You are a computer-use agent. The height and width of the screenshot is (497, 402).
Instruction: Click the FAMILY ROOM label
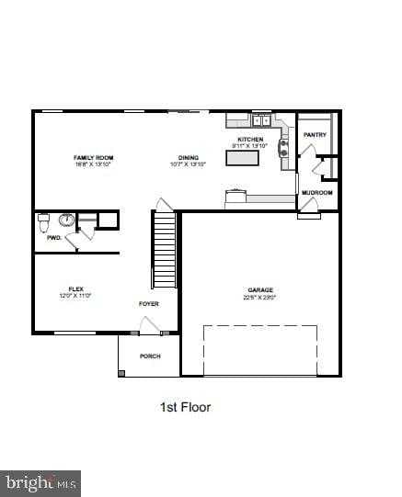pos(93,158)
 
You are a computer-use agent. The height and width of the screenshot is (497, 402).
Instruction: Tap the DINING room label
pos(189,158)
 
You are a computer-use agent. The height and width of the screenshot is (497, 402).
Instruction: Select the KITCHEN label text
pos(249,140)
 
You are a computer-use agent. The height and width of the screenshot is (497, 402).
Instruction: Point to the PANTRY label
pos(315,135)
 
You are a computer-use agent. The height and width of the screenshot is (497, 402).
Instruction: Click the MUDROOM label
pos(317,192)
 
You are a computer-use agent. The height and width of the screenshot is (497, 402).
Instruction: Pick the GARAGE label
pos(260,290)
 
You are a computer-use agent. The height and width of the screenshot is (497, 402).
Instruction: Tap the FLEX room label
pos(75,288)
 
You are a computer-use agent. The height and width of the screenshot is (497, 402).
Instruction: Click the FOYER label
pos(148,303)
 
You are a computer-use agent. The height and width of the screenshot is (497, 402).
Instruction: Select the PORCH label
pos(150,356)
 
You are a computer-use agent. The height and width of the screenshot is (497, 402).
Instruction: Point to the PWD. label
pos(53,238)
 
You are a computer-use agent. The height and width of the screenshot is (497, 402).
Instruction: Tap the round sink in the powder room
pos(66,220)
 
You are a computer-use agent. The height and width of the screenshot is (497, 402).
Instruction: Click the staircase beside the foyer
pos(165,250)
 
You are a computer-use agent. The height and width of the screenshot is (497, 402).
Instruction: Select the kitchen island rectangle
pos(242,157)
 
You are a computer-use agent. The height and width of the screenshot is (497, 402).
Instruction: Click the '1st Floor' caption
pos(186,407)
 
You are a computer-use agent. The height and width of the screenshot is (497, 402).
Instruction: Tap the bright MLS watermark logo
pos(40,482)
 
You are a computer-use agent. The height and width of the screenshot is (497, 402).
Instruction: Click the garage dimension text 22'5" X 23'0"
pos(260,298)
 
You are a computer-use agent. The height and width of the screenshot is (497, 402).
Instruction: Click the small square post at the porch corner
pos(121,372)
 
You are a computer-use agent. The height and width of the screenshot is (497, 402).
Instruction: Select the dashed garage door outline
pos(260,349)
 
